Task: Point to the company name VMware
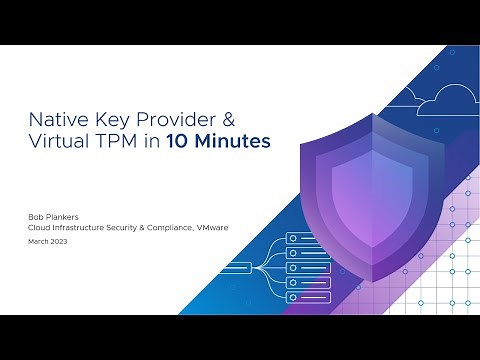[212, 227]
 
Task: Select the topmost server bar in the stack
[307, 239]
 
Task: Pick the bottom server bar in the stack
[307, 297]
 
